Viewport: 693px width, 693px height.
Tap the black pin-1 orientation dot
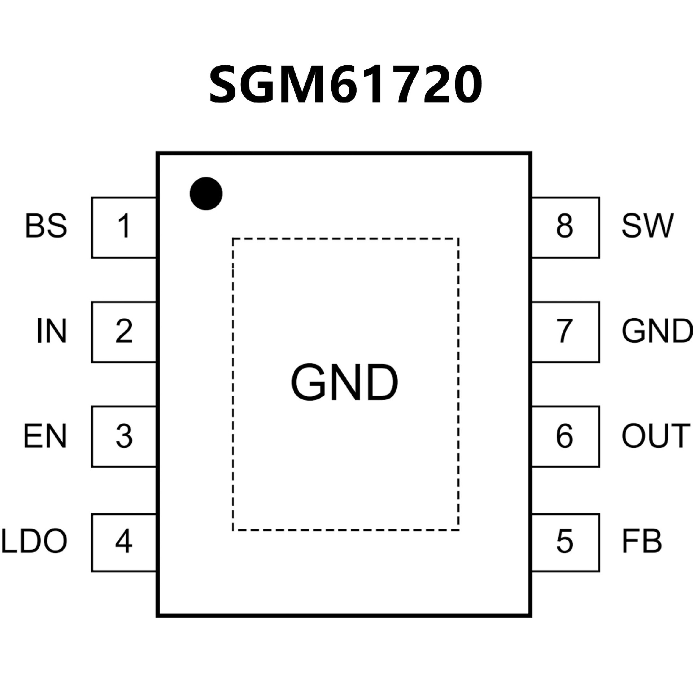pyautogui.click(x=206, y=193)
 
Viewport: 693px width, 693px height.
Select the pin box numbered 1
pyautogui.click(x=124, y=227)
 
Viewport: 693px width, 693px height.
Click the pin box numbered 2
pyautogui.click(x=124, y=332)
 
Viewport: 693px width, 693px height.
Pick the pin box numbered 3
pyautogui.click(x=124, y=436)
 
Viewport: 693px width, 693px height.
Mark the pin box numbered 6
pyautogui.click(x=565, y=436)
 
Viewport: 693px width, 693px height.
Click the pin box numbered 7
pyautogui.click(x=565, y=332)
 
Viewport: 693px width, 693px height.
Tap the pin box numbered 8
pyautogui.click(x=565, y=227)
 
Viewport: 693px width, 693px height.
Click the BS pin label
pyautogui.click(x=46, y=226)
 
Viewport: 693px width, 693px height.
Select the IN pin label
pyautogui.click(x=52, y=331)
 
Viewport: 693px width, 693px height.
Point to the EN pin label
pyautogui.click(x=45, y=436)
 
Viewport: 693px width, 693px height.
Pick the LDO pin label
pyautogui.click(x=35, y=541)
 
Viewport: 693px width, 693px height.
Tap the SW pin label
pyautogui.click(x=647, y=226)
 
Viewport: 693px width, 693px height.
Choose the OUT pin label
pyautogui.click(x=655, y=436)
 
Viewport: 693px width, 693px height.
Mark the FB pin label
pyautogui.click(x=642, y=541)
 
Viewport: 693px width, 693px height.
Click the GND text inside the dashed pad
pyautogui.click(x=344, y=383)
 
